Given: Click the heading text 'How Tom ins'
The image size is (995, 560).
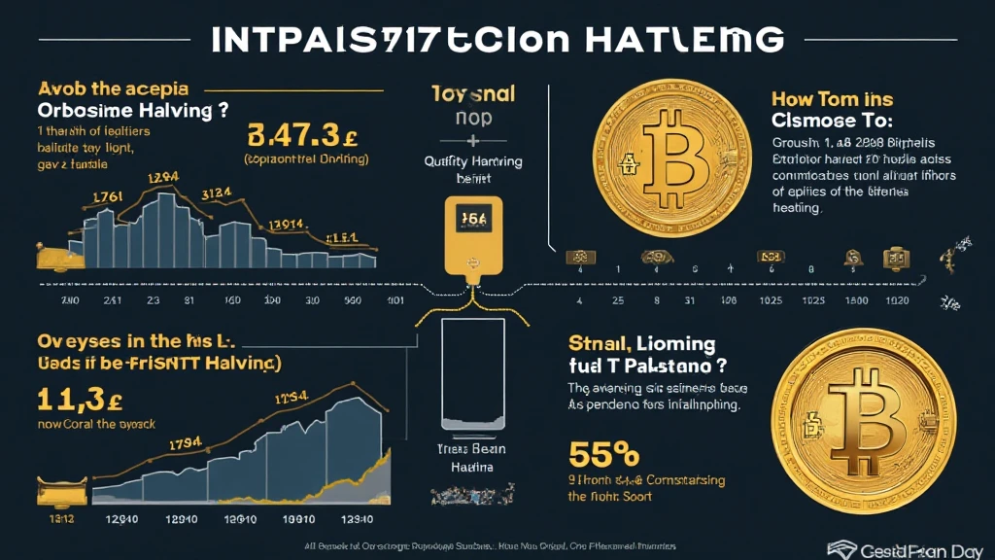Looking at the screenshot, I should [x=832, y=99].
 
